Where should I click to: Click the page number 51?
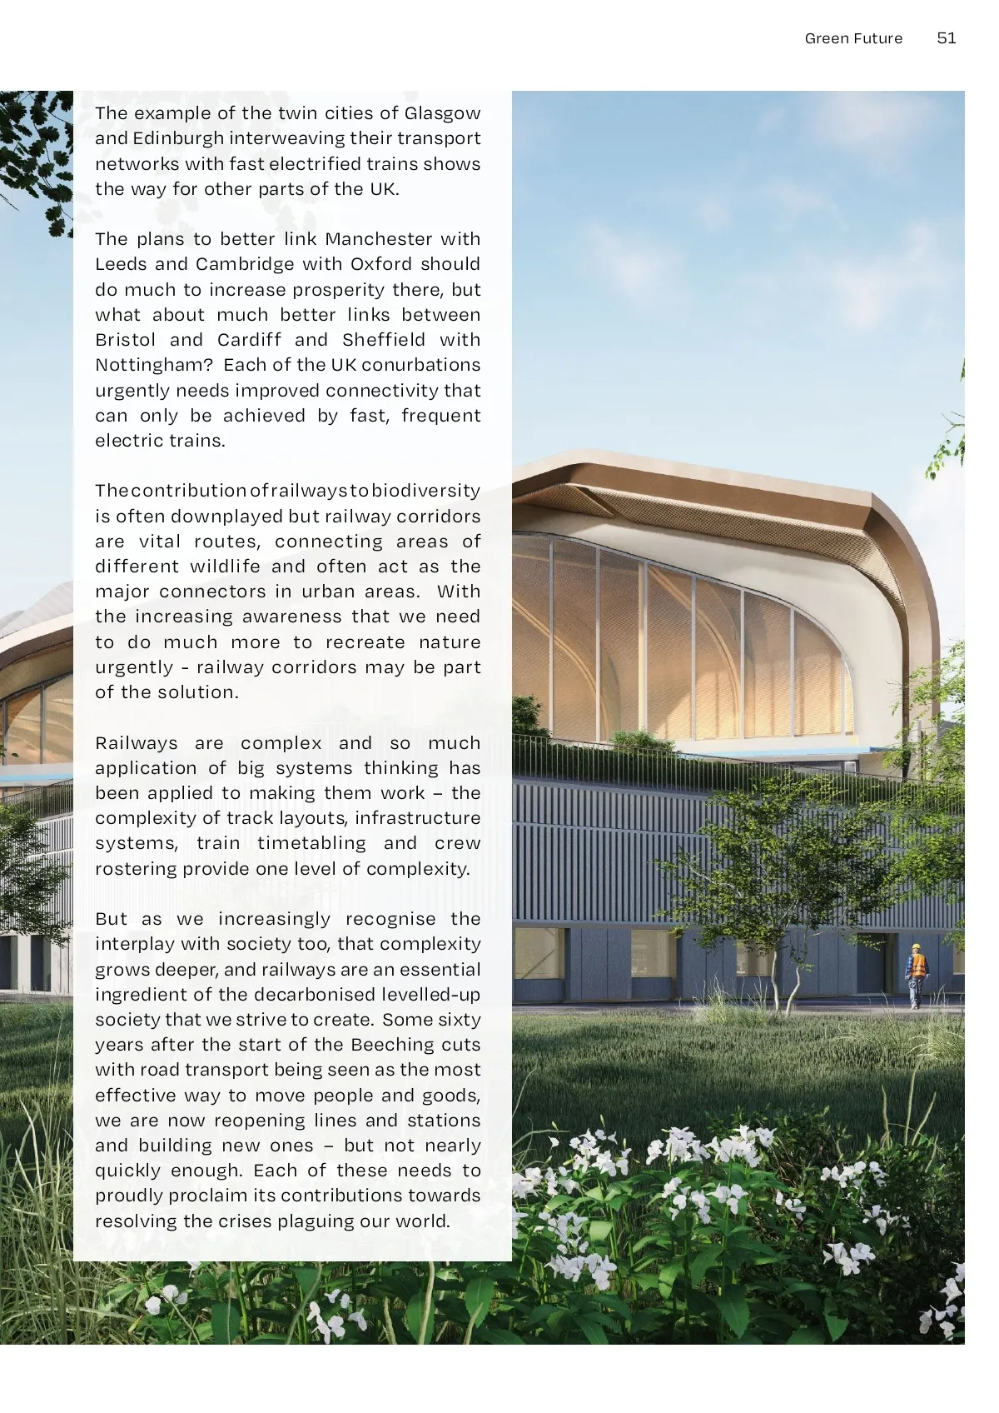point(947,38)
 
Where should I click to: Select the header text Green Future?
point(853,38)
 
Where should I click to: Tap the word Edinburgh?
point(178,138)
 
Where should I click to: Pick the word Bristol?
point(126,340)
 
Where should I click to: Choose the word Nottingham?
point(154,365)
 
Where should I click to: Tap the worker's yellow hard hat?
point(917,947)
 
